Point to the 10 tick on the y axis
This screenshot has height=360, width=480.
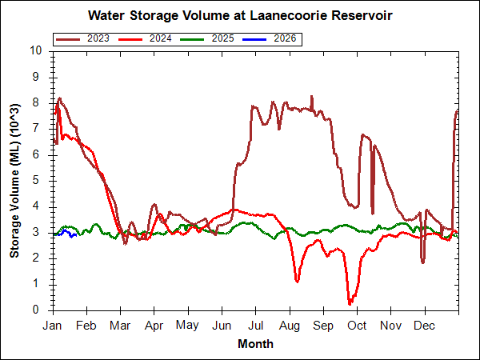point(35,50)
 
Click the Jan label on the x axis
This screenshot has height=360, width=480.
point(53,326)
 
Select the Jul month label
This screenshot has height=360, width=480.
point(257,326)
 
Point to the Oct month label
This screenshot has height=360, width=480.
point(357,326)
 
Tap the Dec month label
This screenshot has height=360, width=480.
point(424,326)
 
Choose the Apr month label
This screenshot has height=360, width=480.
point(154,326)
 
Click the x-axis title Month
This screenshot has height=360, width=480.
point(255,344)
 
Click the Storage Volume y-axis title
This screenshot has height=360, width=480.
point(14,180)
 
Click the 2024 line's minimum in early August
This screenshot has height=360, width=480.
point(298,281)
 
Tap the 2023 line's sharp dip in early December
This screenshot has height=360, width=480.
point(422,262)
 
